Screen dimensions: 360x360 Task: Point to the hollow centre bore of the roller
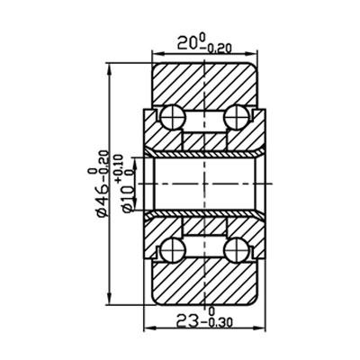point(207,182)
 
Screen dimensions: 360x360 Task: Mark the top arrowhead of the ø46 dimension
point(110,63)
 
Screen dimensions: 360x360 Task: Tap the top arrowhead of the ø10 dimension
point(138,153)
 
